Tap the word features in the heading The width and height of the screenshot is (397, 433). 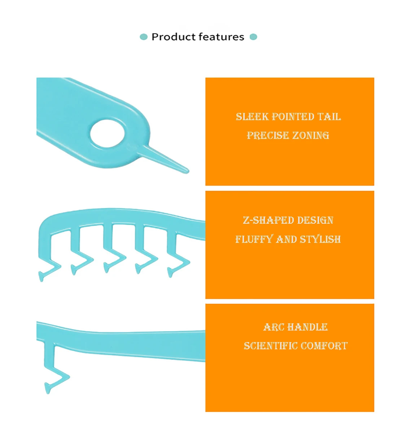[221, 37]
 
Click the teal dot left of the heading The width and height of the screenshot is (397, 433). [144, 37]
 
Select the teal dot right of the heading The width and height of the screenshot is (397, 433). [253, 37]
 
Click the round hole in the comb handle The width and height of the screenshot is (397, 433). [107, 134]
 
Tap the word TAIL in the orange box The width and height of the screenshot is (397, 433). [329, 117]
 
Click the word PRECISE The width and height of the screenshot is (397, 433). [267, 135]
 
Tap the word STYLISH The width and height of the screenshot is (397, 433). [320, 239]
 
